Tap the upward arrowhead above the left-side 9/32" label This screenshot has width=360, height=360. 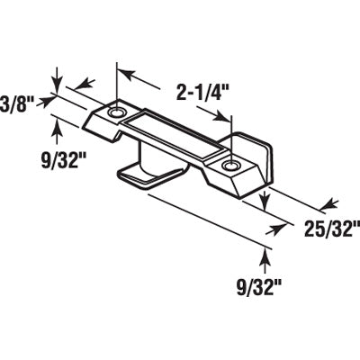click(x=58, y=126)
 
